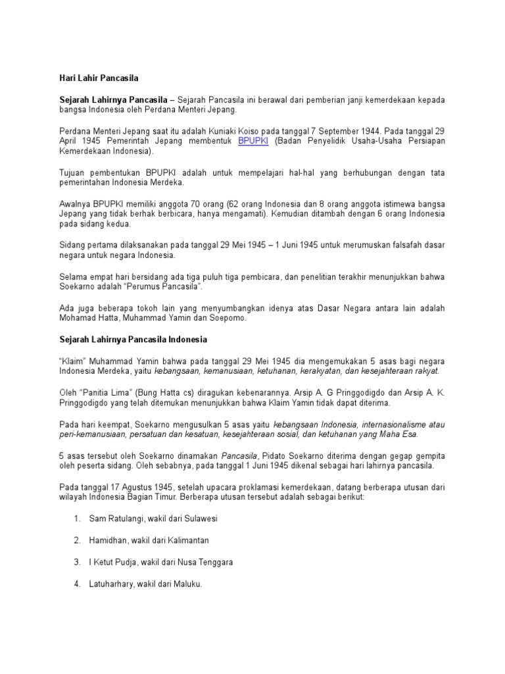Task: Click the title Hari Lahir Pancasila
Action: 98,78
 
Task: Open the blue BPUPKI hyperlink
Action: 253,141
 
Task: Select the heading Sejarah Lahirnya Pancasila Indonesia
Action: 133,340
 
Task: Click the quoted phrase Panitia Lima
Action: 96,392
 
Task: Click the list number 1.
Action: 77,519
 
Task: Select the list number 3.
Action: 77,562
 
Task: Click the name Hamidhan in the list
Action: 104,540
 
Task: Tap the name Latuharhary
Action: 111,583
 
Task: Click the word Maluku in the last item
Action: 187,583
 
